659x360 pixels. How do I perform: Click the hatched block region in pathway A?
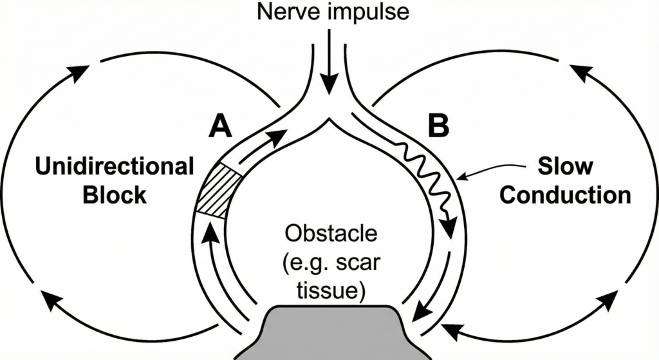coord(216,191)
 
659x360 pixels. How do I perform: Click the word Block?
coord(115,195)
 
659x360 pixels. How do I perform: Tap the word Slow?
coord(565,167)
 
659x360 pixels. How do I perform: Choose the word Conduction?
coord(565,195)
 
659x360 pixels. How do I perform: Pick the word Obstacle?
coord(329,234)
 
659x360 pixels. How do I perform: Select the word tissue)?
coord(329,290)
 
